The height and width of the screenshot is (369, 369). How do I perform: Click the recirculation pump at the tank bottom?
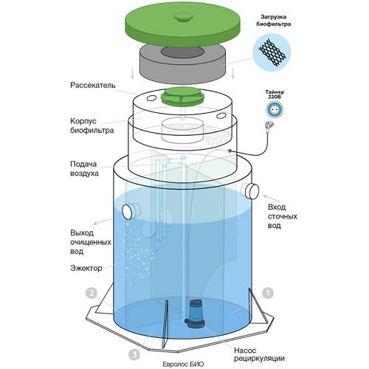[x=195, y=314]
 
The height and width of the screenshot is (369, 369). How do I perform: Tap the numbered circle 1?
[x=268, y=293]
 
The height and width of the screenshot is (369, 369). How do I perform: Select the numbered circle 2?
[x=92, y=293]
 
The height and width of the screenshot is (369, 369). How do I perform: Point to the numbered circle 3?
[x=134, y=354]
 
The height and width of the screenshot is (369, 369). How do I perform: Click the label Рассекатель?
[x=93, y=86]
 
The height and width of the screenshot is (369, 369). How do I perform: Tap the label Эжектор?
[x=86, y=268]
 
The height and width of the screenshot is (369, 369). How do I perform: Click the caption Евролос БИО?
[x=183, y=364]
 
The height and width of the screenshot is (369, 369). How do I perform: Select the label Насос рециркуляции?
[x=259, y=354]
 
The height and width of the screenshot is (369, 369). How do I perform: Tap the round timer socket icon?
[x=275, y=109]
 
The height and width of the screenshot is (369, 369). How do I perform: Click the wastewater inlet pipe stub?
[x=251, y=191]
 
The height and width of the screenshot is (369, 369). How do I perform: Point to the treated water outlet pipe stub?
[x=131, y=211]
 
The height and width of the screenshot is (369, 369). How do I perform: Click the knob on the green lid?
[x=183, y=17]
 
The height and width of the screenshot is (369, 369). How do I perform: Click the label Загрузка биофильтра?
[x=274, y=21]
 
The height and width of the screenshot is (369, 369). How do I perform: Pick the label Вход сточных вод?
[x=283, y=216]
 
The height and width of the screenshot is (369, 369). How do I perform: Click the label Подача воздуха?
[x=84, y=168]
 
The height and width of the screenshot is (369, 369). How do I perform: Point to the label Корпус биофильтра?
[x=92, y=125]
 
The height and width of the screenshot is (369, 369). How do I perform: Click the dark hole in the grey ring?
[x=182, y=52]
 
